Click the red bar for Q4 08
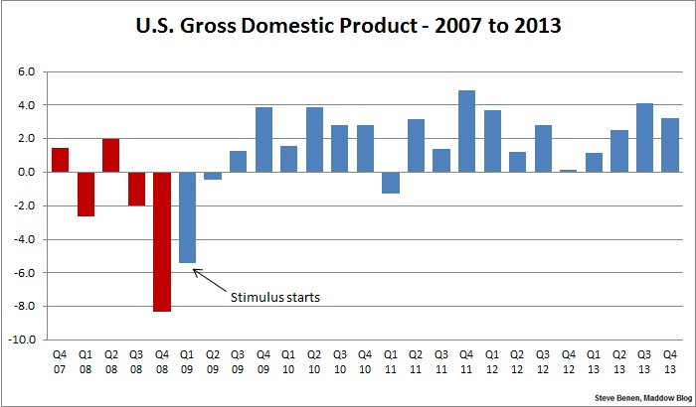pos(162,241)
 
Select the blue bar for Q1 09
pos(187,217)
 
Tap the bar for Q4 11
pos(466,131)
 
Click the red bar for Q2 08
pos(111,156)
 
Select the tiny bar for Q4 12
pos(568,171)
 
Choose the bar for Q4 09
pos(263,140)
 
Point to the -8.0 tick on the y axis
pos(22,306)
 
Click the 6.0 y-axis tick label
pos(25,72)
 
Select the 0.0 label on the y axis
pos(25,173)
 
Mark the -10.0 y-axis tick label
pos(20,339)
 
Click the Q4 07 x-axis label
pos(61,361)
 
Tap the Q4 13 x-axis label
pos(669,361)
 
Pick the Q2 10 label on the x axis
pos(314,361)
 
